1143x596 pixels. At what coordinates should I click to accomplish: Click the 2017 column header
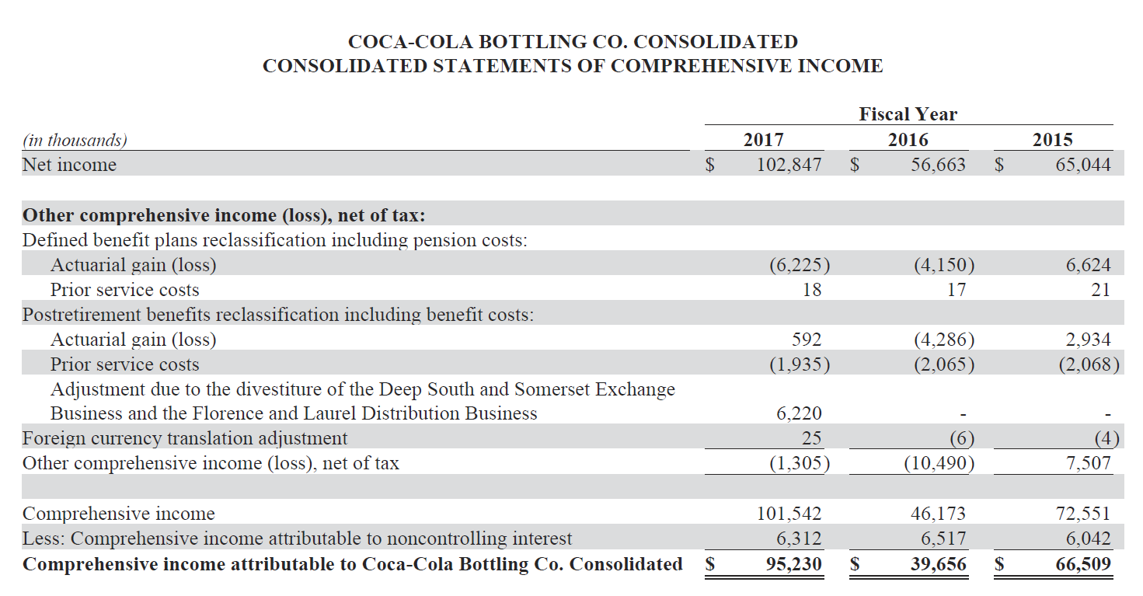point(763,140)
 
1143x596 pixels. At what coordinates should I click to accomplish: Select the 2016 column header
point(908,140)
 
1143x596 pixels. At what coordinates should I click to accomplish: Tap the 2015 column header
point(1052,140)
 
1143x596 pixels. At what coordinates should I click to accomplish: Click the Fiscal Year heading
point(908,114)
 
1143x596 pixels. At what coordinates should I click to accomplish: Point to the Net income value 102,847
point(789,165)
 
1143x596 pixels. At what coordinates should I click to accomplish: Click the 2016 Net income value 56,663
point(939,165)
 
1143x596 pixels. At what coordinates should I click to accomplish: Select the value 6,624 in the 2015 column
point(1088,265)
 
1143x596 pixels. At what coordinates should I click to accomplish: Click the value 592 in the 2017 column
point(806,340)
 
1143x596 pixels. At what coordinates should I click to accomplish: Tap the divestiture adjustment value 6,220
point(799,413)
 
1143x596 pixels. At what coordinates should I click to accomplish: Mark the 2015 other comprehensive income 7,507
point(1088,464)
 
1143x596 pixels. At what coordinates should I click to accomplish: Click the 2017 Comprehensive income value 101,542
point(789,514)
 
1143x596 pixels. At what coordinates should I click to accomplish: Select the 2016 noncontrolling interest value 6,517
point(943,538)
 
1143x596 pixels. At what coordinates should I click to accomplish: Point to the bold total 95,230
point(793,564)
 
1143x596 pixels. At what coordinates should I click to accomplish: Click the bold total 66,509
point(1082,564)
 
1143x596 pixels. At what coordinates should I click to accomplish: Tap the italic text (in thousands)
point(75,140)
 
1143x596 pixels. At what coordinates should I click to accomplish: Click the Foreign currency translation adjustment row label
point(185,439)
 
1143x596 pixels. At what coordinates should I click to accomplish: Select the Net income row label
point(69,165)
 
